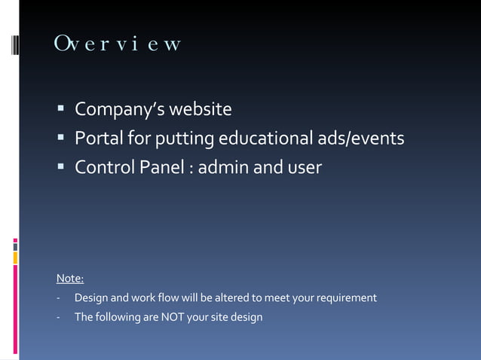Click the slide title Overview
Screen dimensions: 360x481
pyautogui.click(x=118, y=44)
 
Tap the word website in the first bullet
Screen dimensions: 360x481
pyautogui.click(x=201, y=111)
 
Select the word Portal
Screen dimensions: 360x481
pyautogui.click(x=98, y=139)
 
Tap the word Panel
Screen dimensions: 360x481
pyautogui.click(x=157, y=166)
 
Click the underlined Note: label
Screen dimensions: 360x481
pyautogui.click(x=70, y=279)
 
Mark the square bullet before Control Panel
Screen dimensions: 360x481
pyautogui.click(x=60, y=167)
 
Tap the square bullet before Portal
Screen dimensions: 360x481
pyautogui.click(x=60, y=139)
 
